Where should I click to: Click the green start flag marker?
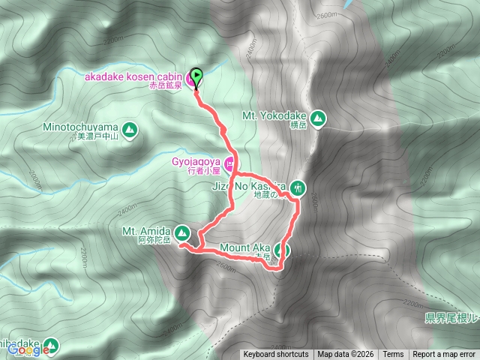click(x=196, y=75)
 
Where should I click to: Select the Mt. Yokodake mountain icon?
click(x=319, y=118)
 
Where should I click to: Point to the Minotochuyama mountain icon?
click(x=130, y=130)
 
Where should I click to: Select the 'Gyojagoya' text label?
click(x=193, y=160)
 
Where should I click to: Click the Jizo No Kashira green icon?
click(x=299, y=187)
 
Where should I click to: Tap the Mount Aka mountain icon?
click(x=283, y=250)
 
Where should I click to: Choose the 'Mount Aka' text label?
click(x=245, y=247)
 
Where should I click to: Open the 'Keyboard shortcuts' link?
click(x=275, y=355)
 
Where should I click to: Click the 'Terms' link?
click(x=393, y=355)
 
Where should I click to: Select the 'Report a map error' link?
click(x=444, y=355)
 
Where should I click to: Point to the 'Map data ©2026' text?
click(x=345, y=355)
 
